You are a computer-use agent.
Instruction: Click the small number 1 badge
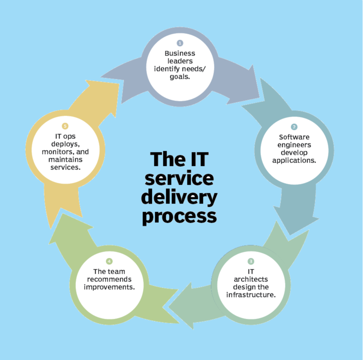[179, 43]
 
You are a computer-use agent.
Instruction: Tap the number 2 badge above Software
[294, 127]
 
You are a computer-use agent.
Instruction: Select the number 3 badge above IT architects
[251, 261]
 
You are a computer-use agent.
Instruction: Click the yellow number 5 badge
[65, 126]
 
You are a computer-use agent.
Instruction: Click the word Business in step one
[180, 53]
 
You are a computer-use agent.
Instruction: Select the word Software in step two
[294, 137]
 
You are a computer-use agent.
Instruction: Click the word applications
[294, 160]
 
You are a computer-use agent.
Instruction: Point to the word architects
[251, 279]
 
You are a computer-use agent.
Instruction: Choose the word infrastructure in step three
[251, 294]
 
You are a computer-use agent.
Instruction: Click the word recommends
[109, 279]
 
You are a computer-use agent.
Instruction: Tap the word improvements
[109, 287]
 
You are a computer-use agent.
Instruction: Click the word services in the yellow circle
[65, 167]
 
